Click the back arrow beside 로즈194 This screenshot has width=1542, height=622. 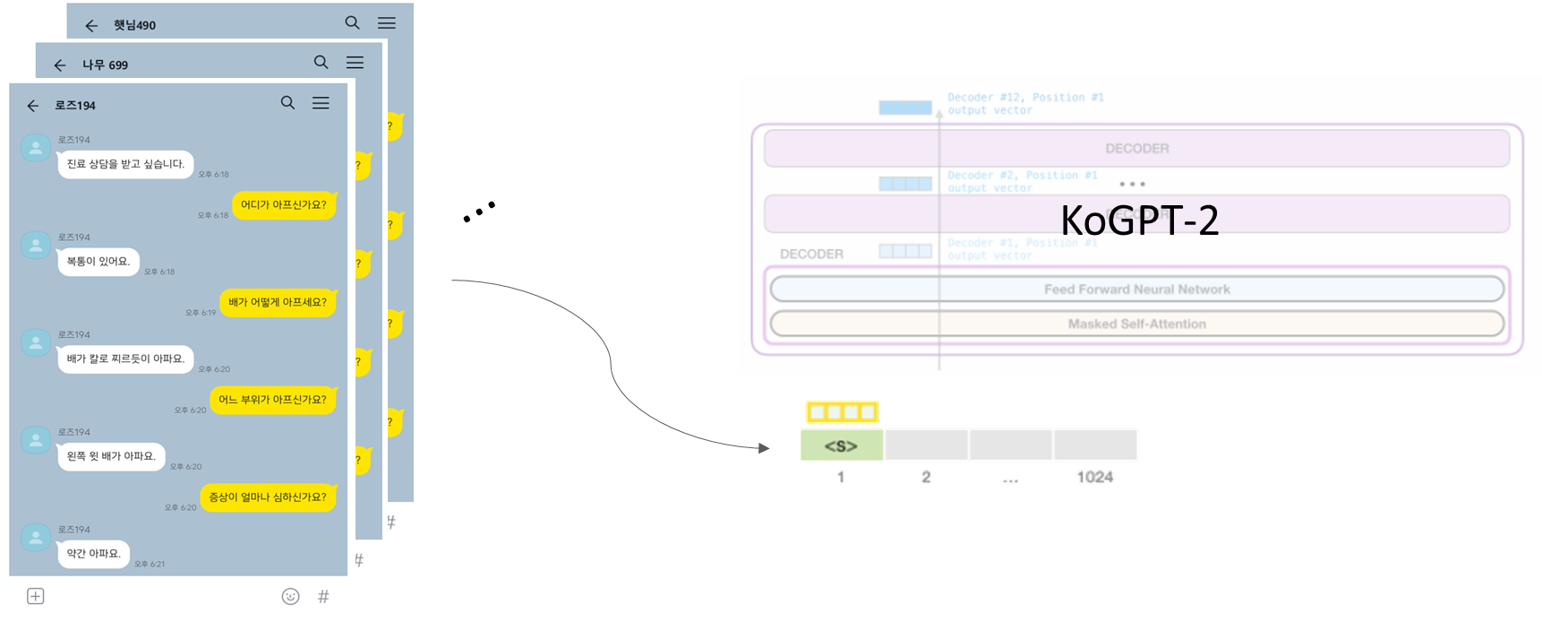33,106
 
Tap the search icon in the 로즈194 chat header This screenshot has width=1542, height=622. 287,103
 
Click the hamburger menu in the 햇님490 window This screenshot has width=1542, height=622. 386,23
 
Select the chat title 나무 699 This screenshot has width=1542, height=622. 105,65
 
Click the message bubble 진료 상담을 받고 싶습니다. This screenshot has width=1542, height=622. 125,164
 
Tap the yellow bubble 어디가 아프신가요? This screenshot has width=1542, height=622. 283,204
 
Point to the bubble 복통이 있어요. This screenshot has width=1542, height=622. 99,262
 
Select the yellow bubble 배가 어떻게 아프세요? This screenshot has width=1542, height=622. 277,302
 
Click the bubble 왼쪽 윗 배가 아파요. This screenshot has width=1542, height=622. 111,456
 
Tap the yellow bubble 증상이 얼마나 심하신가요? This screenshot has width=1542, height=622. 268,497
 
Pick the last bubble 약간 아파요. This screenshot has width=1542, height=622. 93,554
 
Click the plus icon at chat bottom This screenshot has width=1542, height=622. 36,596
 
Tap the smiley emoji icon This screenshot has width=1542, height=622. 290,596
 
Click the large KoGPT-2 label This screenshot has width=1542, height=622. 1139,220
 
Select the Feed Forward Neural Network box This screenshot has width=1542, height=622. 1136,289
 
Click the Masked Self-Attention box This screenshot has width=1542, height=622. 1136,324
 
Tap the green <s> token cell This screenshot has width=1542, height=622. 841,445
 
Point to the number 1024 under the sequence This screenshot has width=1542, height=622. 1095,477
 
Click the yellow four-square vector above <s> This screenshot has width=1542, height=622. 842,412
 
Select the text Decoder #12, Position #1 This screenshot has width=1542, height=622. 1025,97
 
